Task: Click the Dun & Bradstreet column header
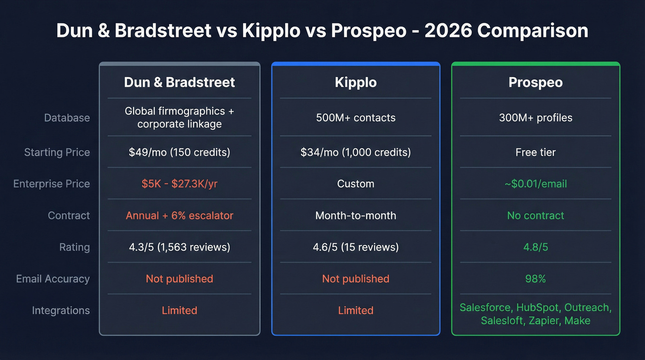(x=179, y=83)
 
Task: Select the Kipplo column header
(x=355, y=83)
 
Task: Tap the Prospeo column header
(x=535, y=83)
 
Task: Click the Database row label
(x=67, y=118)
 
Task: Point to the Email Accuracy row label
(x=53, y=279)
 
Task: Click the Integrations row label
(x=61, y=311)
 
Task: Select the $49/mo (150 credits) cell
(x=179, y=152)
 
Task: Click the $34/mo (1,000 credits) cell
(x=355, y=152)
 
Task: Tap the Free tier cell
(x=535, y=152)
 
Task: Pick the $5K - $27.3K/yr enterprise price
(x=179, y=184)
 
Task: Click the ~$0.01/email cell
(x=535, y=184)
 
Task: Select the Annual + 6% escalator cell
(x=179, y=216)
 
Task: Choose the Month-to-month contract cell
(x=355, y=216)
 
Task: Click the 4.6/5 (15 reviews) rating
(x=355, y=247)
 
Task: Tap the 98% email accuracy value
(x=535, y=279)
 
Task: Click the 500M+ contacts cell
(x=355, y=118)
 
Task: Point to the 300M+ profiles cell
(x=535, y=118)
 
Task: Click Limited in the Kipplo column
(x=355, y=311)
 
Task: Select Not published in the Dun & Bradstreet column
(x=179, y=279)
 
